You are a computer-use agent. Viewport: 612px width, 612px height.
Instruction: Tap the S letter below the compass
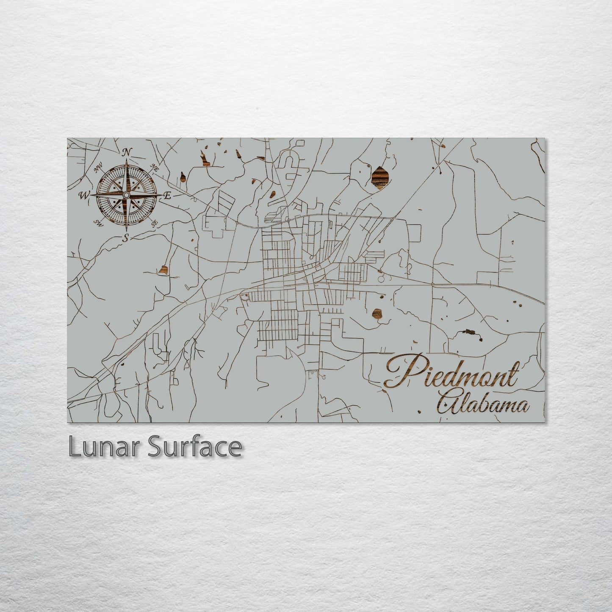coord(125,238)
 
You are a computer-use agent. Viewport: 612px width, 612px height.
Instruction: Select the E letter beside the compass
coord(167,196)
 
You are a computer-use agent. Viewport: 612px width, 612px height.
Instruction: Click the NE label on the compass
coord(155,169)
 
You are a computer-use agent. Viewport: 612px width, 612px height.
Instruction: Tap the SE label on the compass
coord(155,222)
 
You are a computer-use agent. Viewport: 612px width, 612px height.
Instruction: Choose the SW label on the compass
coord(99,223)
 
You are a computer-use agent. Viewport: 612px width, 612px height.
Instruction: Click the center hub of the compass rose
coord(126,195)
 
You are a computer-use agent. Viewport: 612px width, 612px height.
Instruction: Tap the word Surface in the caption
coord(194,447)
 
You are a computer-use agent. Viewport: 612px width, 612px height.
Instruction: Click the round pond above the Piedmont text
coord(377,313)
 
